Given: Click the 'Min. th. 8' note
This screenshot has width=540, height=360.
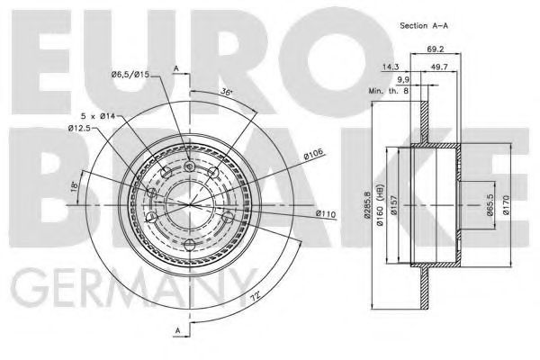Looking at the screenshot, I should click(387, 92).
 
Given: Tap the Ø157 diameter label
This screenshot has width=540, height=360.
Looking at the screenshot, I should click(397, 211).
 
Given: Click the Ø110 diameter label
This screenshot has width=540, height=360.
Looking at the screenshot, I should click(326, 213).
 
